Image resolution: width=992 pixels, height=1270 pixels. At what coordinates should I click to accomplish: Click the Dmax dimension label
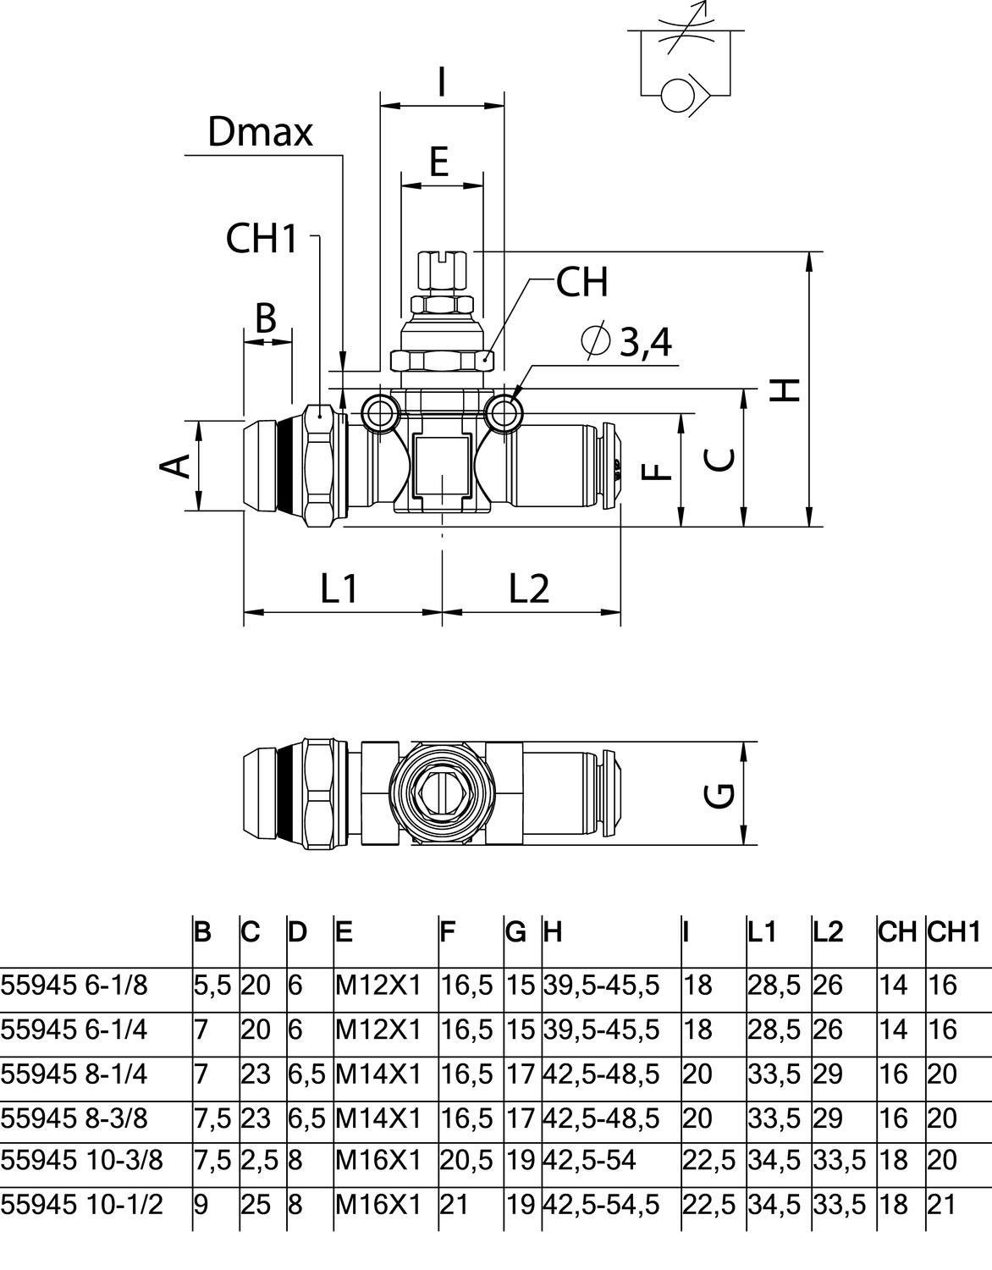(261, 132)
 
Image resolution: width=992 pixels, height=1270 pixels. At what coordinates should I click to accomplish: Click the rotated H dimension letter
(785, 389)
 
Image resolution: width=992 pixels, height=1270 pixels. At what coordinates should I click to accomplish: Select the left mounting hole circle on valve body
(378, 412)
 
